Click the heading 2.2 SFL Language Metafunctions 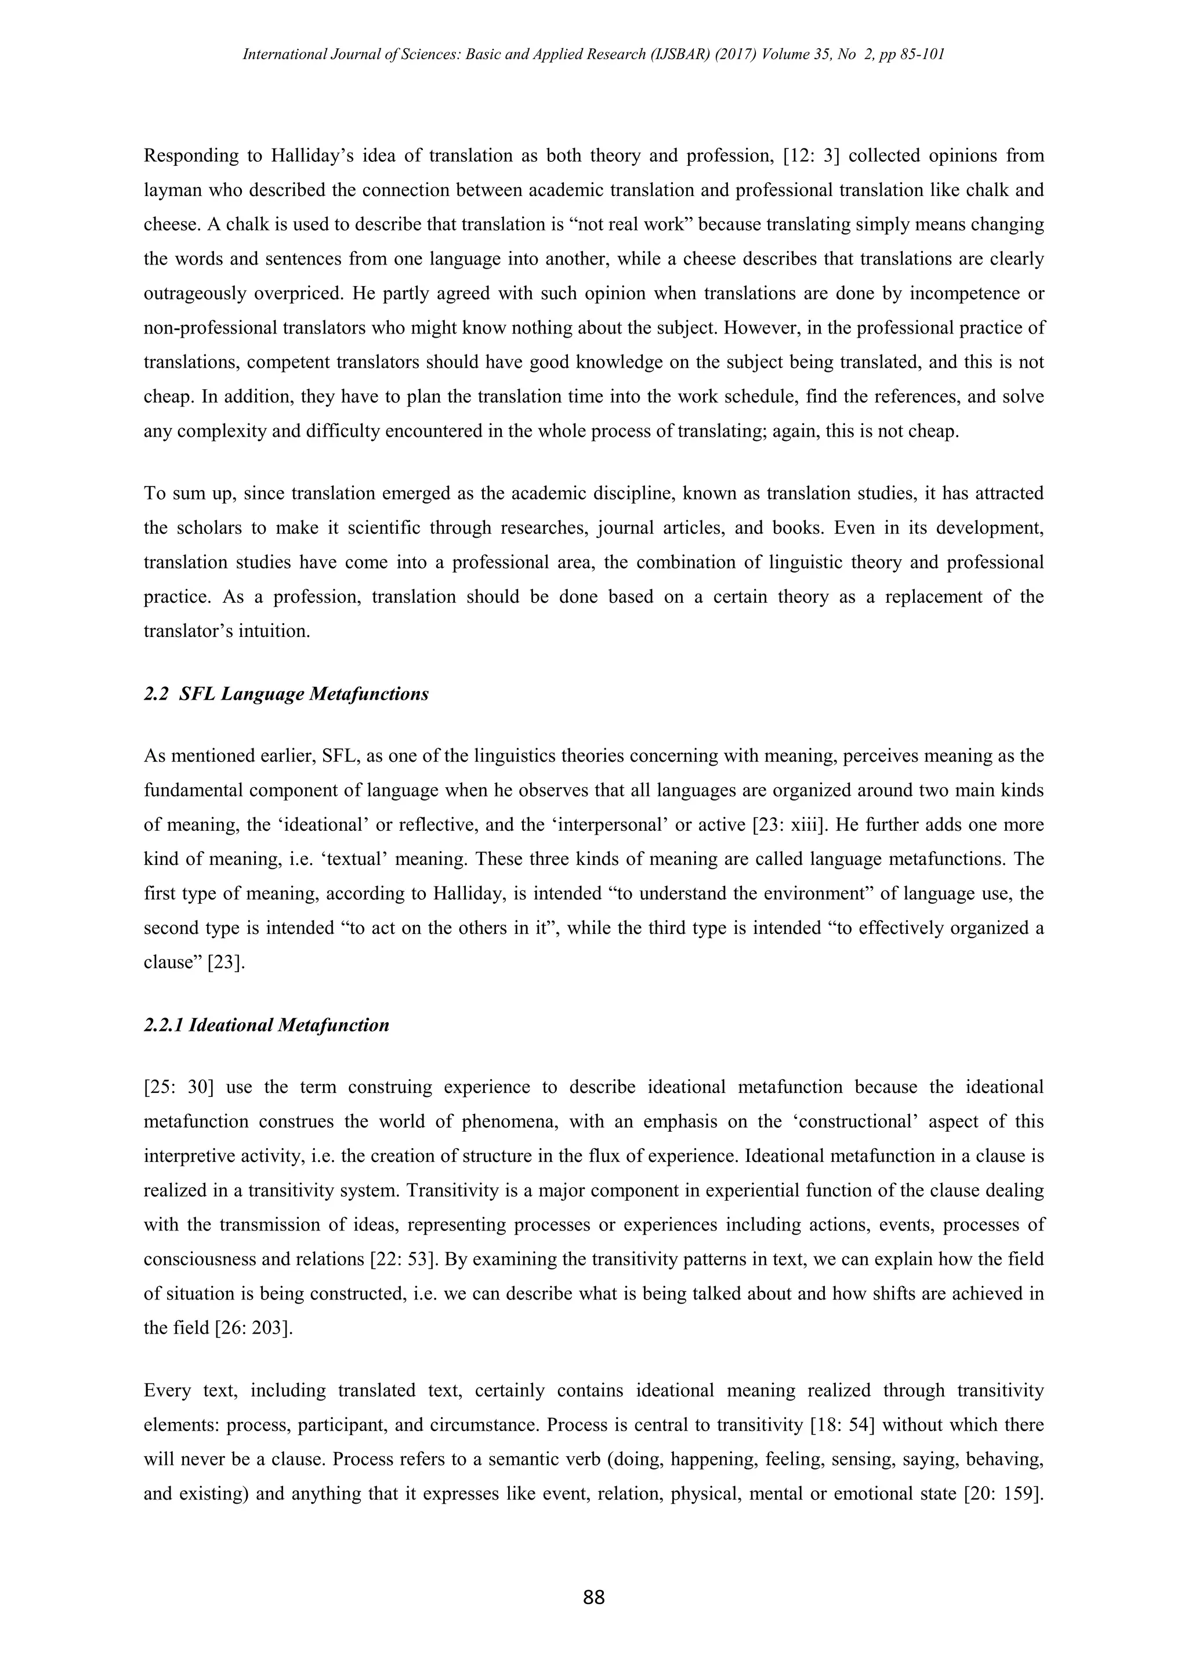(286, 694)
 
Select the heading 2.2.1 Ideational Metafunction (266, 1025)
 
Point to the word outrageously (194, 294)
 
